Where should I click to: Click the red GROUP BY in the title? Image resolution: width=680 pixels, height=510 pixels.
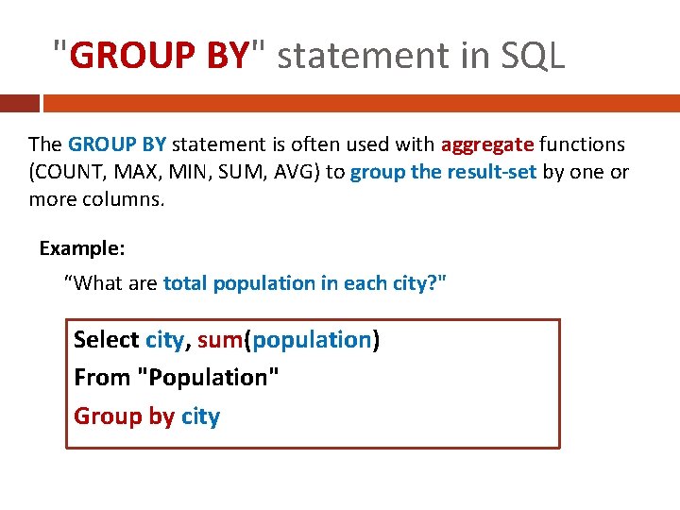(159, 57)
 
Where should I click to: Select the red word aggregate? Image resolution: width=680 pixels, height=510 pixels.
(487, 144)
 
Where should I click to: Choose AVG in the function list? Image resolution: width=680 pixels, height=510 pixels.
(294, 173)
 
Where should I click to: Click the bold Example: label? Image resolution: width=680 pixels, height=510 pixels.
(82, 248)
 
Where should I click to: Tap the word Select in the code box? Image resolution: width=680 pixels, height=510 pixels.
(106, 340)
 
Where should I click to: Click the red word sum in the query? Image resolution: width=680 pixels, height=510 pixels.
(220, 340)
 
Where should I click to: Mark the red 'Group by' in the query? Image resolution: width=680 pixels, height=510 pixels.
(124, 416)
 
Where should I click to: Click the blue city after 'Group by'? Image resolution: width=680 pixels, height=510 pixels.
(200, 416)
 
